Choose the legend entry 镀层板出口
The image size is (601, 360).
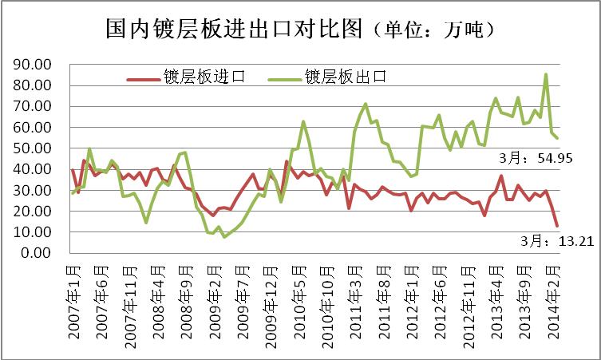(344, 77)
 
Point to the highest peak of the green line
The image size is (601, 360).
(545, 75)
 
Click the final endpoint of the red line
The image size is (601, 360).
(556, 225)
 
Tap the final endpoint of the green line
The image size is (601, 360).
(556, 138)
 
